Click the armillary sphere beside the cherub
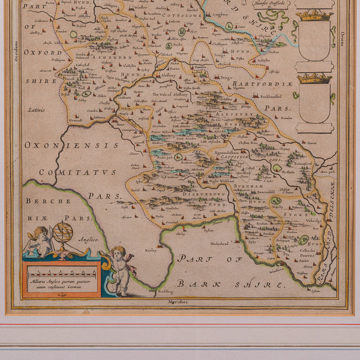[63, 233]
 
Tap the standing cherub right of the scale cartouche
[121, 270]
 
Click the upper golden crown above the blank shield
[314, 15]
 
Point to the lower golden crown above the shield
[314, 78]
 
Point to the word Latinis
[36, 110]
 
